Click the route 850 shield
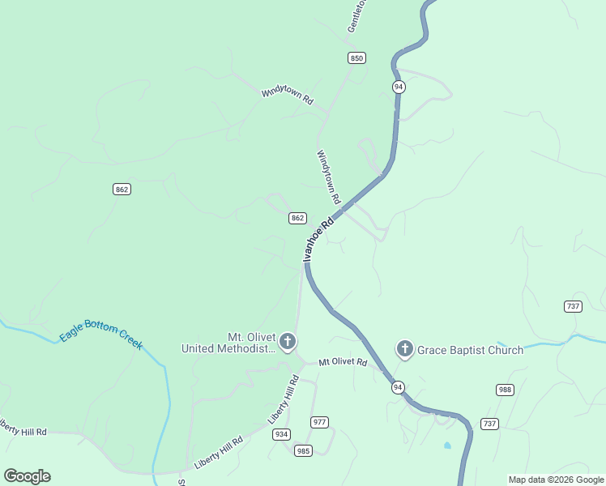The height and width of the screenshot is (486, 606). pyautogui.click(x=357, y=58)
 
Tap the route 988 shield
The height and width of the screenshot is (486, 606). pyautogui.click(x=506, y=390)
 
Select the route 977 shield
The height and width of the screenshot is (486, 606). pyautogui.click(x=320, y=422)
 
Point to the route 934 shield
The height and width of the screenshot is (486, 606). pyautogui.click(x=281, y=434)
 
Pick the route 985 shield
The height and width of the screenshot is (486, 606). pyautogui.click(x=303, y=450)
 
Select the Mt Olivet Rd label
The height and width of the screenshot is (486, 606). pyautogui.click(x=343, y=362)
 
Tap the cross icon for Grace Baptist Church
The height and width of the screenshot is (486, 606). pyautogui.click(x=404, y=349)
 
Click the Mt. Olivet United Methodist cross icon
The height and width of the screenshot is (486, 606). pyautogui.click(x=288, y=341)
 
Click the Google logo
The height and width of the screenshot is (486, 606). pyautogui.click(x=27, y=476)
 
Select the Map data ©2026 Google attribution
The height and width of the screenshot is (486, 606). pyautogui.click(x=556, y=480)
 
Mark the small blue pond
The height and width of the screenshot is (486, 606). pyautogui.click(x=447, y=446)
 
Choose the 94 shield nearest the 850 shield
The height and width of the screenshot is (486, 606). pyautogui.click(x=398, y=87)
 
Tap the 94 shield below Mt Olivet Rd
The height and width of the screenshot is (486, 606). pyautogui.click(x=398, y=387)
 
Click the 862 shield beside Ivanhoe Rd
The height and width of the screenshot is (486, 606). pyautogui.click(x=297, y=218)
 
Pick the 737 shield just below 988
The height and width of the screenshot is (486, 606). pyautogui.click(x=489, y=424)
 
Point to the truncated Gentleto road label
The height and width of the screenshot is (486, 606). pyautogui.click(x=356, y=16)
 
